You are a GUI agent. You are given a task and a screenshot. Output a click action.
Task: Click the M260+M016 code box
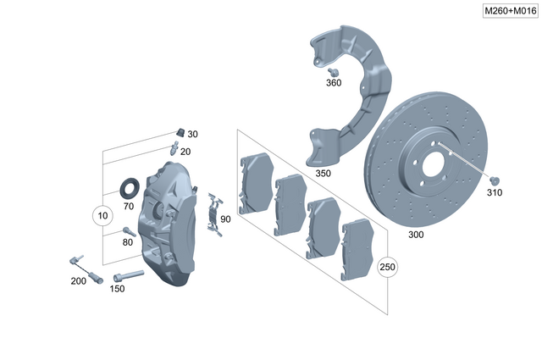508,10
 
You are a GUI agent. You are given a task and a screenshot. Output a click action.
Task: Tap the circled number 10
102,216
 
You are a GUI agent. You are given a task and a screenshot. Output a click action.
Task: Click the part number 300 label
416,234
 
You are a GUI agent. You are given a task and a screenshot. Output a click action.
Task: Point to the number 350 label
323,173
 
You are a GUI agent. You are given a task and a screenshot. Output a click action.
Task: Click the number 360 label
334,83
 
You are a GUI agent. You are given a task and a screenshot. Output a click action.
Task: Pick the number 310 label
495,193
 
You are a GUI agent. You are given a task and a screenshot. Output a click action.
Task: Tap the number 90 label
225,219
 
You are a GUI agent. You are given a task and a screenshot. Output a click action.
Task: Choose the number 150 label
117,289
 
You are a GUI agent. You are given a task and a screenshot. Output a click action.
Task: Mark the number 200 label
78,280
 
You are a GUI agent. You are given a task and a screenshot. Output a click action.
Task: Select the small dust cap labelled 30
180,132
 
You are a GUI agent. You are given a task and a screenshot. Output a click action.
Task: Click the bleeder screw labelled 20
174,147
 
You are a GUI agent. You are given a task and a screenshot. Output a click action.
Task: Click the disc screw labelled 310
495,180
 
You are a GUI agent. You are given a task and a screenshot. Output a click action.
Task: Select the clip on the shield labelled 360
334,71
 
